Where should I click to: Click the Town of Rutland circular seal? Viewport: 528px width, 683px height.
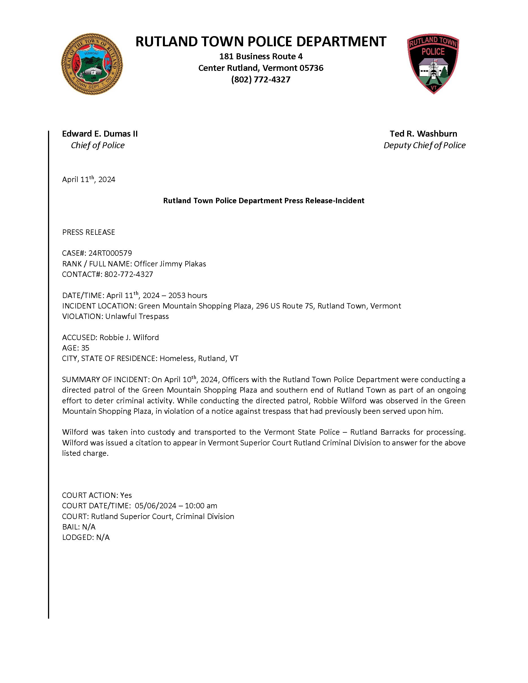click(92, 64)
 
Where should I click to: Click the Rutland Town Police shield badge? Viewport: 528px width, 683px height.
click(433, 64)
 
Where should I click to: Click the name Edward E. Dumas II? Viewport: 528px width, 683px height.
click(100, 133)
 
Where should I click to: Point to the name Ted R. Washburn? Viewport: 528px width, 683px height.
click(423, 133)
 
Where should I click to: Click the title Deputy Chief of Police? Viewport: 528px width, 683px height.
click(424, 145)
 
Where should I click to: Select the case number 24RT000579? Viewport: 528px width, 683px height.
click(110, 253)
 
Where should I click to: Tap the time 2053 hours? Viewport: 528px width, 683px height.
click(188, 295)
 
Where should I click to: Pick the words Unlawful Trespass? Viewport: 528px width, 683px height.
click(137, 316)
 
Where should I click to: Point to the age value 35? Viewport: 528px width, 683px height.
click(85, 348)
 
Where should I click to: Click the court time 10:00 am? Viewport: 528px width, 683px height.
click(201, 506)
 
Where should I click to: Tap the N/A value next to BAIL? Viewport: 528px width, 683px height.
click(89, 527)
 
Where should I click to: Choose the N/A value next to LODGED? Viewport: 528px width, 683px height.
click(102, 537)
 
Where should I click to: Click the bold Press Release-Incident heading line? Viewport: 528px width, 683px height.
click(264, 200)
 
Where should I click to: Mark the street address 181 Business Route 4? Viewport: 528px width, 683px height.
click(261, 56)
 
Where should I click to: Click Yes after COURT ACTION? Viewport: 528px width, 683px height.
click(126, 495)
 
